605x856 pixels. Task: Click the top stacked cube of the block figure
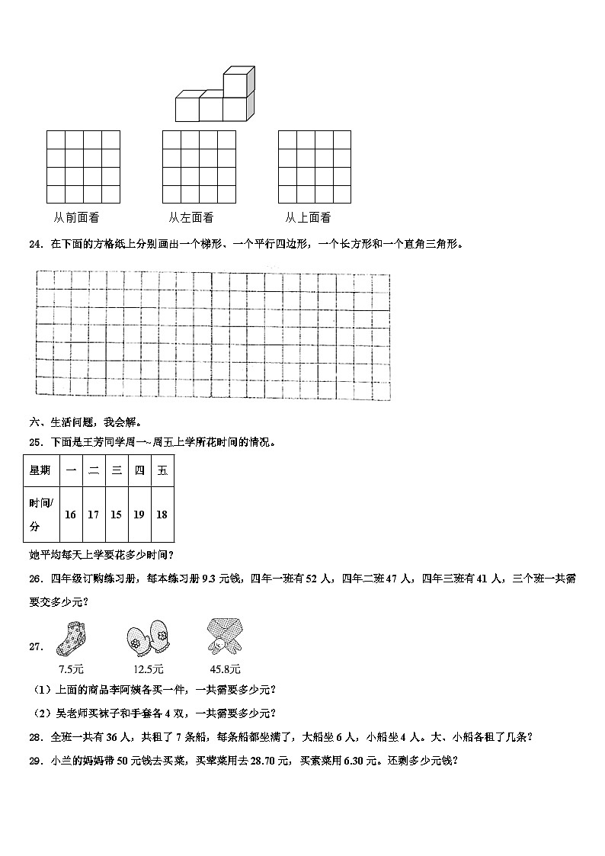[238, 79]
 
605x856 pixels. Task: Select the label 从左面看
[190, 218]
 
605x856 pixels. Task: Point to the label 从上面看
[308, 218]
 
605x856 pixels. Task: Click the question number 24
[34, 245]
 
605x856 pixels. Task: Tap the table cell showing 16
[70, 515]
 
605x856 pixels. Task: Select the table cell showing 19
[139, 515]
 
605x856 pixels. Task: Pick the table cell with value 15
[116, 515]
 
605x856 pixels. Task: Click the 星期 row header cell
[40, 471]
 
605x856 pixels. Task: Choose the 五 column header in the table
[162, 471]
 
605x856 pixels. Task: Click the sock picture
[66, 638]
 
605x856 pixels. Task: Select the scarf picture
[224, 637]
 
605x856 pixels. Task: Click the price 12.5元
[148, 669]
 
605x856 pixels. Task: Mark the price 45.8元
[225, 669]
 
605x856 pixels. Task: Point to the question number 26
[34, 579]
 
